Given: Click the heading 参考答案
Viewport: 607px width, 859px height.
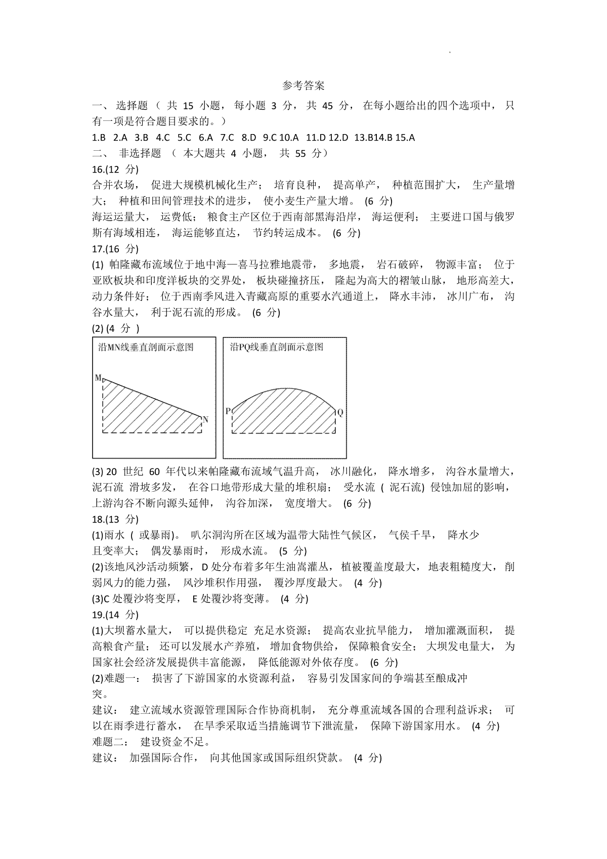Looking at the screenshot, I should click(x=303, y=86).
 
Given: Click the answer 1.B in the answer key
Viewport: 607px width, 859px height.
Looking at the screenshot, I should click(x=99, y=138).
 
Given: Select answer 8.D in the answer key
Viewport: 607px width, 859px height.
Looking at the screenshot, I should click(x=249, y=138).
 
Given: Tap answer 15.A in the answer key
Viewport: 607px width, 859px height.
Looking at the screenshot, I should click(x=405, y=138).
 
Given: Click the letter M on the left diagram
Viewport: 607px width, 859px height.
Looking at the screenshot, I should click(x=98, y=378).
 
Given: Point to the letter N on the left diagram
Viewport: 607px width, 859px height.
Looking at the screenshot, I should click(x=205, y=419).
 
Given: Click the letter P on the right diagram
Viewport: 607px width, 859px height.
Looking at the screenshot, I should click(x=228, y=411).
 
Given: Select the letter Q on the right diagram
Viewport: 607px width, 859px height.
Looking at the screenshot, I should click(x=340, y=412).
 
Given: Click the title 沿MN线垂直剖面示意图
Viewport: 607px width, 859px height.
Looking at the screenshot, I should click(x=146, y=347).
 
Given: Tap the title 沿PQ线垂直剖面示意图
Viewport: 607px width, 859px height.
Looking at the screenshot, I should click(x=276, y=347).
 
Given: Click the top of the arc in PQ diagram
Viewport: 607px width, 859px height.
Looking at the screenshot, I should click(x=286, y=388).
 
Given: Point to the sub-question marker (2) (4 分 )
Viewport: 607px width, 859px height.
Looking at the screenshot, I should click(x=116, y=328).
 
